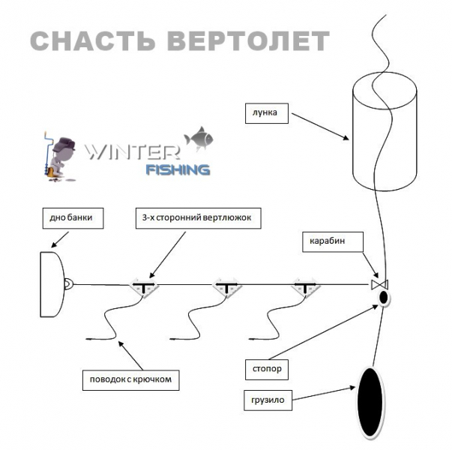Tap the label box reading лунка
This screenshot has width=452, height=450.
[265, 115]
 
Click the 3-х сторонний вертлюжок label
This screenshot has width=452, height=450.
[199, 218]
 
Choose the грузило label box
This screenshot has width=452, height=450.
[268, 401]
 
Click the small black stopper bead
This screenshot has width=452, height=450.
[384, 299]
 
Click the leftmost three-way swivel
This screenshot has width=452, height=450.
[143, 286]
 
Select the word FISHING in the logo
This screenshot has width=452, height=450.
[177, 169]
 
